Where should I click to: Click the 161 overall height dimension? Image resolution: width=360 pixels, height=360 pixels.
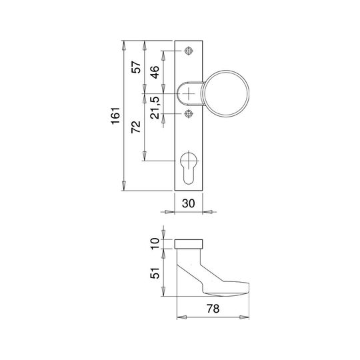point(115,116)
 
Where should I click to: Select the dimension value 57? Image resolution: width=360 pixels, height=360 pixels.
point(136,67)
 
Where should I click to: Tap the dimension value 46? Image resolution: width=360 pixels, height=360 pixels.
point(155,72)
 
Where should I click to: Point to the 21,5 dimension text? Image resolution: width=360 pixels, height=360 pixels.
point(155,107)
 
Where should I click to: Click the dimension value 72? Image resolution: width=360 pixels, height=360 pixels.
point(136,127)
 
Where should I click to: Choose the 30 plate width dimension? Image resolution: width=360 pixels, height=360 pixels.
point(188,203)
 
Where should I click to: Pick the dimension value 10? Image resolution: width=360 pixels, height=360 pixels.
point(155,243)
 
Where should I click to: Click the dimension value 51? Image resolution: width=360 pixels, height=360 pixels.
point(155,273)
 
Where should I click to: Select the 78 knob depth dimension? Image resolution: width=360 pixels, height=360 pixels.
point(213,309)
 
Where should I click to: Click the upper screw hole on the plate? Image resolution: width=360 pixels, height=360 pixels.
point(189,51)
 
